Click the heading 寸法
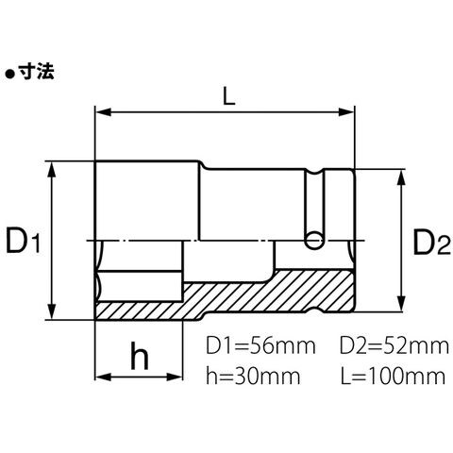coord(36,72)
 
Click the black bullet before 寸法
coord(9,75)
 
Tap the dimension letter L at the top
coord(228,96)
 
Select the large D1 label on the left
coord(24,241)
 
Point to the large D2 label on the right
coord(431,242)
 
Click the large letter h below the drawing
coord(140,355)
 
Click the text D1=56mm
coord(260,345)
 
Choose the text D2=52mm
coord(394,345)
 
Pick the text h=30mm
coord(253,376)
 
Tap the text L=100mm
coord(394,376)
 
